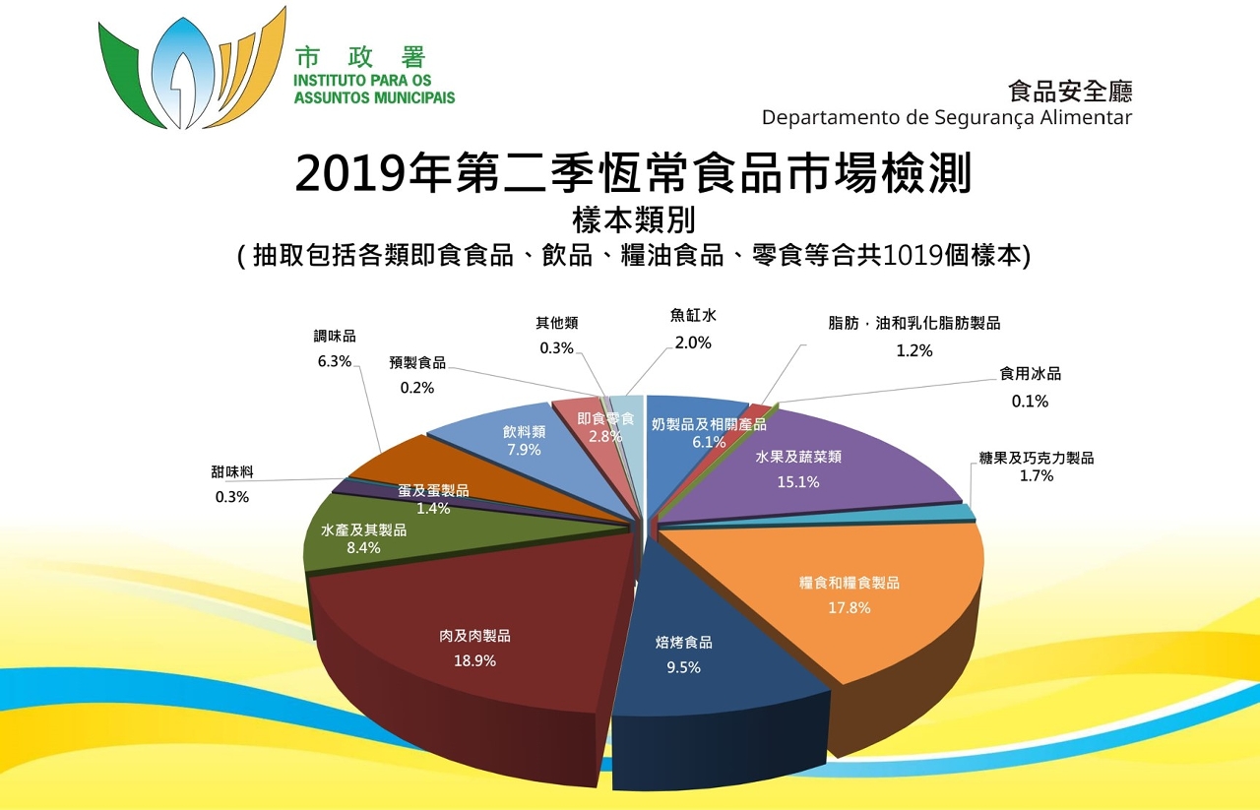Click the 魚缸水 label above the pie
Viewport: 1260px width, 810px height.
tap(693, 317)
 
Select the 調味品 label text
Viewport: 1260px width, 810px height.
tap(335, 337)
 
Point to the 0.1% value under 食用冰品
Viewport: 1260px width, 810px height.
tap(1030, 401)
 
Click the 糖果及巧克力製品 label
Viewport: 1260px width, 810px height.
tap(1037, 458)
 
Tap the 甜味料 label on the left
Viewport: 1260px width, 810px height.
tap(232, 471)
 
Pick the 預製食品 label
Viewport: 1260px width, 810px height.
tap(417, 363)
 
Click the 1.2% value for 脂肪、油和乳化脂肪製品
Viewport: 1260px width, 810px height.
tap(913, 349)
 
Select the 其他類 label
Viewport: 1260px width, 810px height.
tap(556, 323)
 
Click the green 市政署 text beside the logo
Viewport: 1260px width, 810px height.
tap(360, 57)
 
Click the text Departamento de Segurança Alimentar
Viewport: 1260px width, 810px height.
tap(946, 117)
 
